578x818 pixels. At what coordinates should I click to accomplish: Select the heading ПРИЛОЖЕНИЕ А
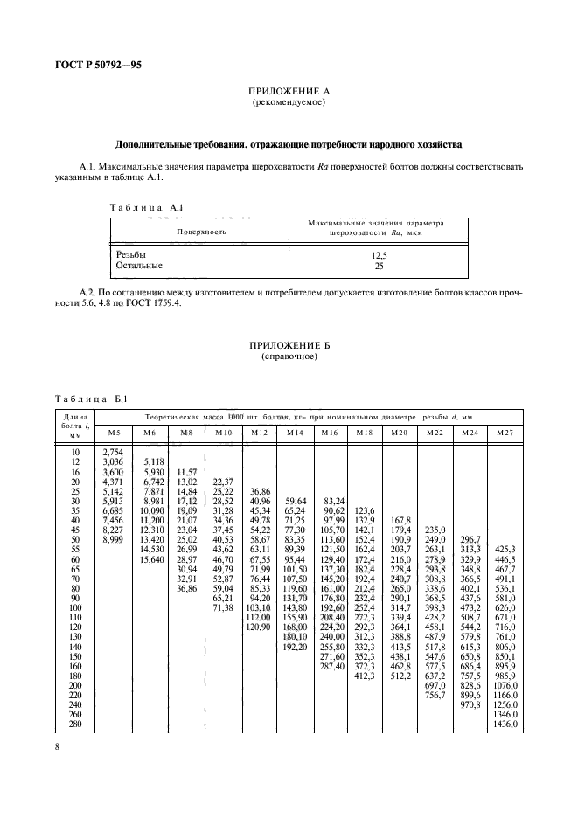coord(289,91)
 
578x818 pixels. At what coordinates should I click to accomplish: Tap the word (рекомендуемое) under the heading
coord(289,102)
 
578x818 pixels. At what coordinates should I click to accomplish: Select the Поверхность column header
coord(202,232)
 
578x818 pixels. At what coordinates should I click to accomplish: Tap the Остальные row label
coord(139,264)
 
